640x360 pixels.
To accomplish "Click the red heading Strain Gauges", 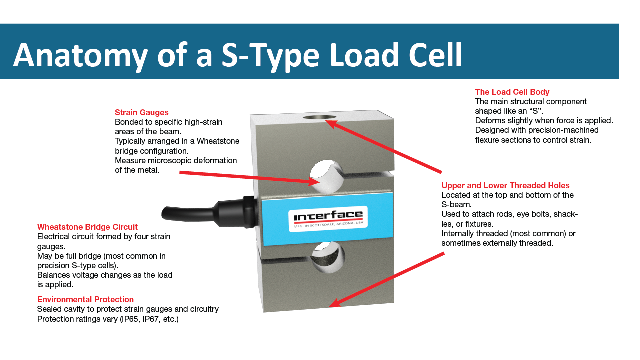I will click(142, 112).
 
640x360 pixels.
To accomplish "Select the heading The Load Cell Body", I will click(512, 92).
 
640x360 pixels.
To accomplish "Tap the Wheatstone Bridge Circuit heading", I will click(87, 227).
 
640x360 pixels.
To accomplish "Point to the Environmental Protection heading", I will click(85, 299).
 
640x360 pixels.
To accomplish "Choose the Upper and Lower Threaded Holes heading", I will click(505, 185).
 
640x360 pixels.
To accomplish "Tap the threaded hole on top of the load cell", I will click(320, 117).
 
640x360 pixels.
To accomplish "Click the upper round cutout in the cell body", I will click(327, 175).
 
